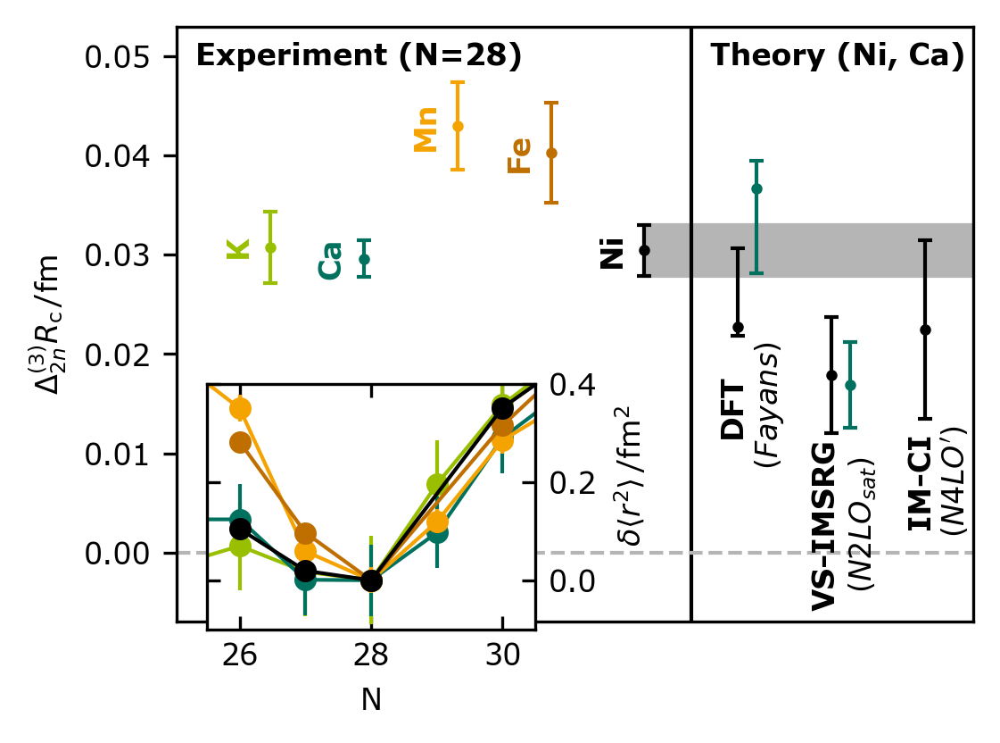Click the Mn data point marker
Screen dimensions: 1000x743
pyautogui.click(x=458, y=127)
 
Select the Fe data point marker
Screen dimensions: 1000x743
pyautogui.click(x=551, y=154)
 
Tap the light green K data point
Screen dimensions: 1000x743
pyautogui.click(x=270, y=247)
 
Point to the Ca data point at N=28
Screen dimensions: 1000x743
pyautogui.click(x=364, y=259)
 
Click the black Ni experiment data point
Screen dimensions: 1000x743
pyautogui.click(x=645, y=250)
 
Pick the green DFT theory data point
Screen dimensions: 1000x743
pyautogui.click(x=757, y=189)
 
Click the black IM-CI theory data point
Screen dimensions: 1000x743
pyautogui.click(x=925, y=330)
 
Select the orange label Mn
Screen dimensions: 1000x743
pyautogui.click(x=426, y=129)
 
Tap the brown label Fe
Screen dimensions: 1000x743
pyautogui.click(x=519, y=155)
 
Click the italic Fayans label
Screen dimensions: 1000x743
pyautogui.click(x=766, y=406)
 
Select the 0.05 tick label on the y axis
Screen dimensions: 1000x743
pyautogui.click(x=118, y=57)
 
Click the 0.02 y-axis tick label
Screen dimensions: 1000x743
pyautogui.click(x=118, y=355)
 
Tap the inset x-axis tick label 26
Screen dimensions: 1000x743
pyautogui.click(x=240, y=655)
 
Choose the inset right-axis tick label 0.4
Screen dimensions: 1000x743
pyautogui.click(x=572, y=385)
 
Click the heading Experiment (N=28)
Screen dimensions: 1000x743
pyautogui.click(x=360, y=55)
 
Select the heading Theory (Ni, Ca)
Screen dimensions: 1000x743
pyautogui.click(x=837, y=55)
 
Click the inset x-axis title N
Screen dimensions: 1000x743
pyautogui.click(x=371, y=700)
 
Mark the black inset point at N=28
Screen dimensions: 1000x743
pyautogui.click(x=371, y=580)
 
